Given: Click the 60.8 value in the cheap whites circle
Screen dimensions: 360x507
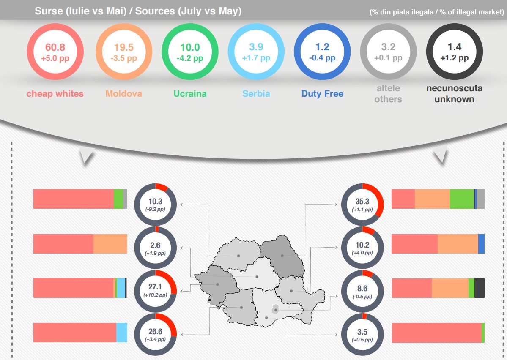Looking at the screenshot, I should pos(55,47).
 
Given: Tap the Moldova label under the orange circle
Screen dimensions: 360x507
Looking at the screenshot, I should pos(124,93).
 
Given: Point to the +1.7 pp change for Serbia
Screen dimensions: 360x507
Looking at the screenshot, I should pos(256,58).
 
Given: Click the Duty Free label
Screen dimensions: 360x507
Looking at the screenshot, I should pos(322,93).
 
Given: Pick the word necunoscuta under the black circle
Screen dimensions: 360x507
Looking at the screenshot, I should pos(455,88).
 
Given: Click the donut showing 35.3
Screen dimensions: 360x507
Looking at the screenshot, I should pos(362,205).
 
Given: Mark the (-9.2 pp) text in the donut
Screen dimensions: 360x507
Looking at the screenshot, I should pos(155,209).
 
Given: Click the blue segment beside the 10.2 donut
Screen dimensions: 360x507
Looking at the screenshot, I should pos(481,243).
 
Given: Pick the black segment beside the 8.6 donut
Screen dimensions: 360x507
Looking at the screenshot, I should pos(480,288).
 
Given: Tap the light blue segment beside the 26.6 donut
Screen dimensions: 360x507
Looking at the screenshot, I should pos(122,332).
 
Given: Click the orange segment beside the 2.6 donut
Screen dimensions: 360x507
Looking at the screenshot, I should pos(110,243).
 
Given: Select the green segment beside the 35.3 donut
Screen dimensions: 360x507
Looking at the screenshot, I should pos(461,199).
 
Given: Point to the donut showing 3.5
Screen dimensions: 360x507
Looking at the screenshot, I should pos(362,334).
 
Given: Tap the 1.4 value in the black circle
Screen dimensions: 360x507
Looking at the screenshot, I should pos(455,47).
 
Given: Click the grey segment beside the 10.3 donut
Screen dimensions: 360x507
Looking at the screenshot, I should pos(125,199).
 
